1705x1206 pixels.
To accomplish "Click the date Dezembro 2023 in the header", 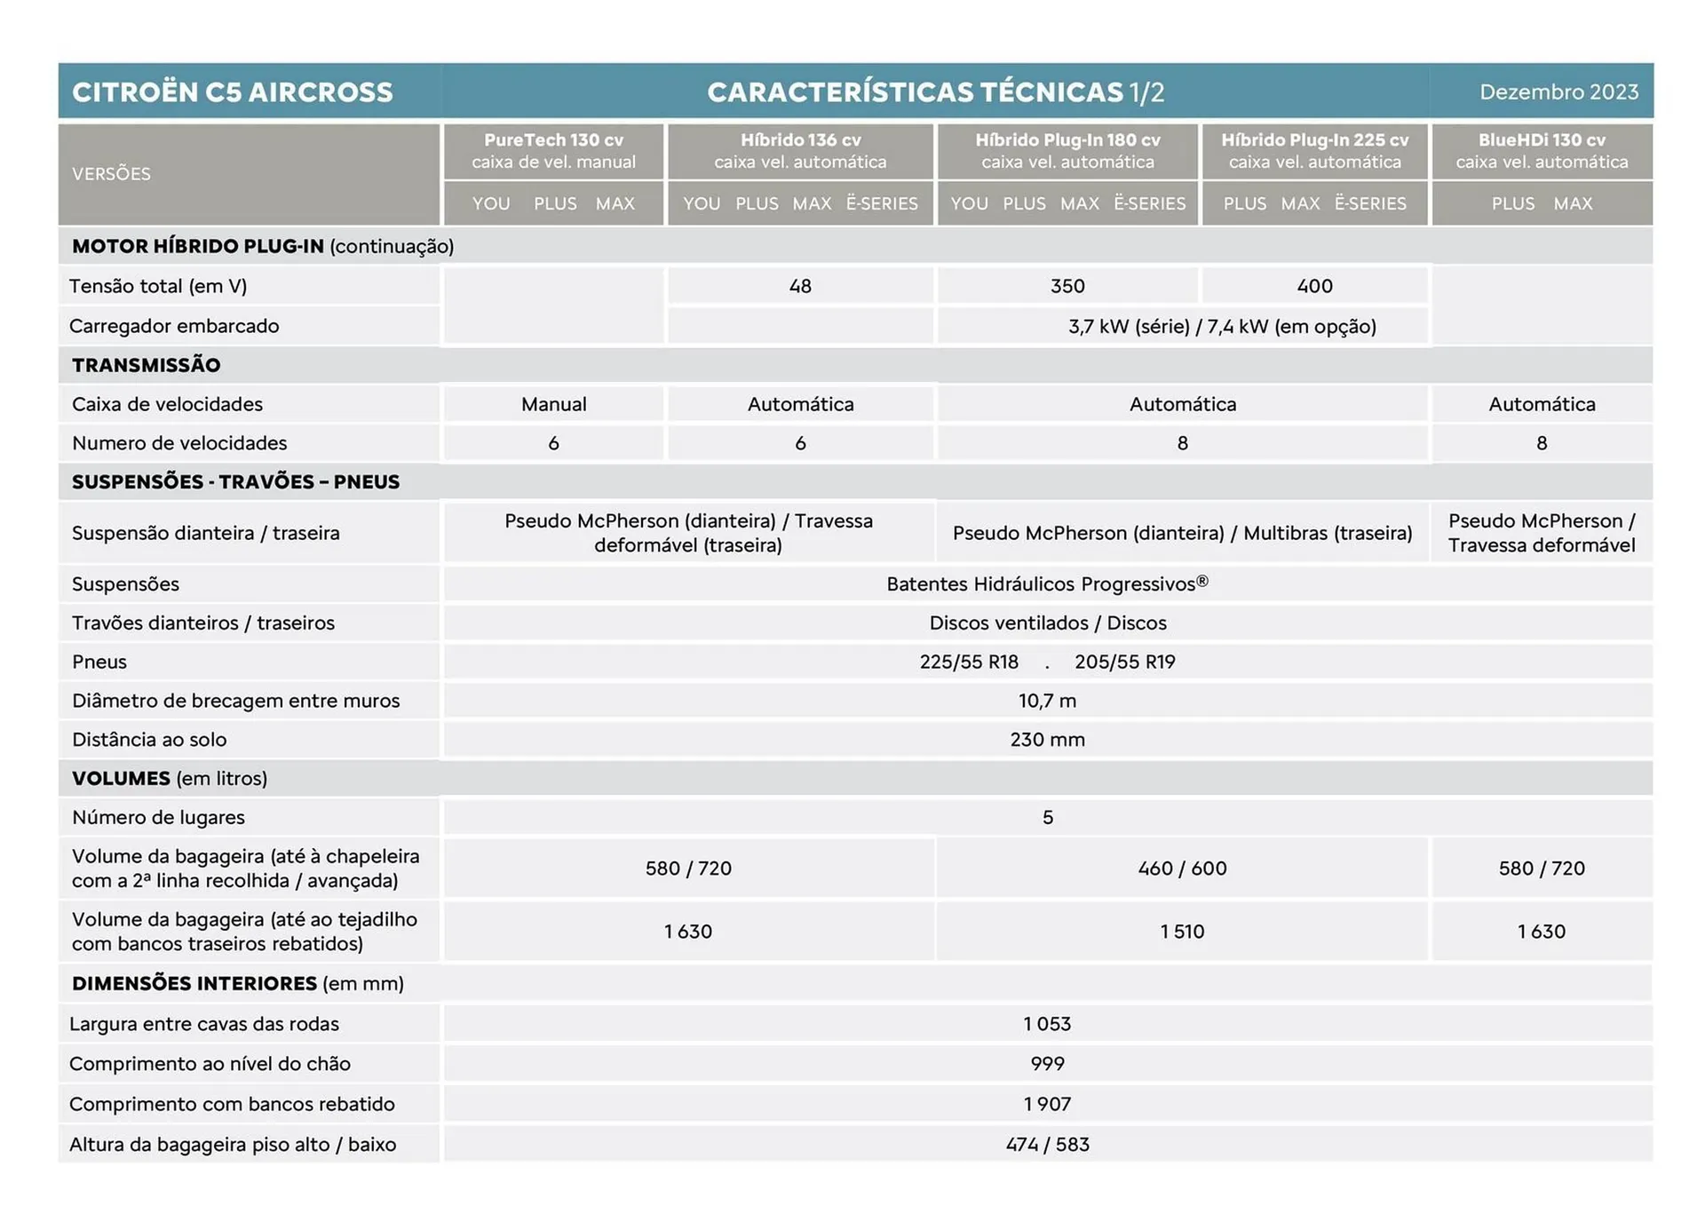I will pos(1558,92).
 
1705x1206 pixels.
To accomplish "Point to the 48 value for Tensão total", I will pos(800,286).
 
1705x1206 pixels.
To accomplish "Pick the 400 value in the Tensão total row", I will pos(1314,286).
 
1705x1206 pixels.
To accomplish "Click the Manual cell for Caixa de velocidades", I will pos(553,404).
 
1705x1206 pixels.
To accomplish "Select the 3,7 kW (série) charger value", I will pos(1129,327).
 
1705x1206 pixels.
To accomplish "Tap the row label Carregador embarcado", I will pos(174,326).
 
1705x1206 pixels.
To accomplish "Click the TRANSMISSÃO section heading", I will pos(147,365).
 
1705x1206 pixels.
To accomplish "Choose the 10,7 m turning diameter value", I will pos(1047,701).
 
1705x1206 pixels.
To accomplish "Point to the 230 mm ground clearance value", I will pos(1047,740).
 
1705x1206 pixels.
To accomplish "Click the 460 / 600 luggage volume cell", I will pos(1182,869).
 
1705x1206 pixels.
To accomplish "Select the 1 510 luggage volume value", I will pos(1182,932).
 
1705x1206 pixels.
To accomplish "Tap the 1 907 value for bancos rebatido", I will pos(1047,1104).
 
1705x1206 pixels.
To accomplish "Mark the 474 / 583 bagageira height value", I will pos(1047,1145).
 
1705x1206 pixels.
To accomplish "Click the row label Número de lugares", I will pos(158,817).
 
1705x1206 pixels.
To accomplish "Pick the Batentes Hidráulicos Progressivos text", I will pos(1047,584).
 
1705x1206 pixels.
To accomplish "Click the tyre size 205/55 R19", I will pos(1124,662).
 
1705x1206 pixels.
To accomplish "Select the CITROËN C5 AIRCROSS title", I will pos(233,92).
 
